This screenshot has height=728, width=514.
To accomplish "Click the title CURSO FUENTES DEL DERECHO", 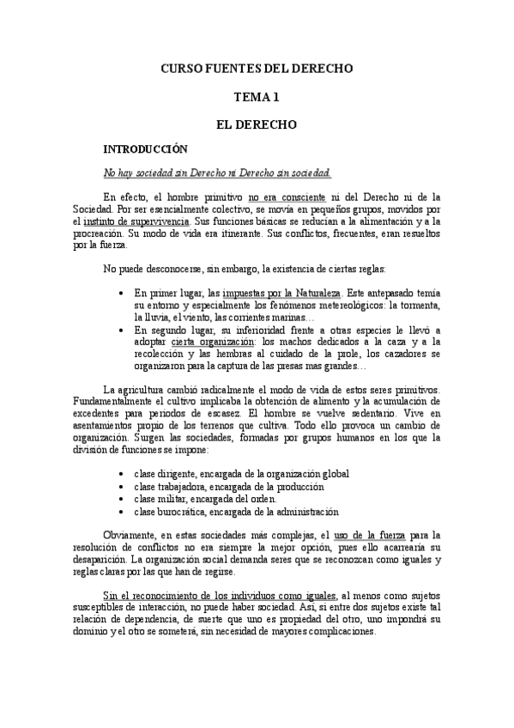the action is coord(257,68).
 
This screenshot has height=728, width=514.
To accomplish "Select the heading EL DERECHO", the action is coord(257,124).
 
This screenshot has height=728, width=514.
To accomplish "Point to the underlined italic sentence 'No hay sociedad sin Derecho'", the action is coord(216,173).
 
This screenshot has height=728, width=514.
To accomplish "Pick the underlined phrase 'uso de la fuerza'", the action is coord(369,536).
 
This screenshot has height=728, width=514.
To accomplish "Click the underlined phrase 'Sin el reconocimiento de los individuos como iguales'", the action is coord(219,594).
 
